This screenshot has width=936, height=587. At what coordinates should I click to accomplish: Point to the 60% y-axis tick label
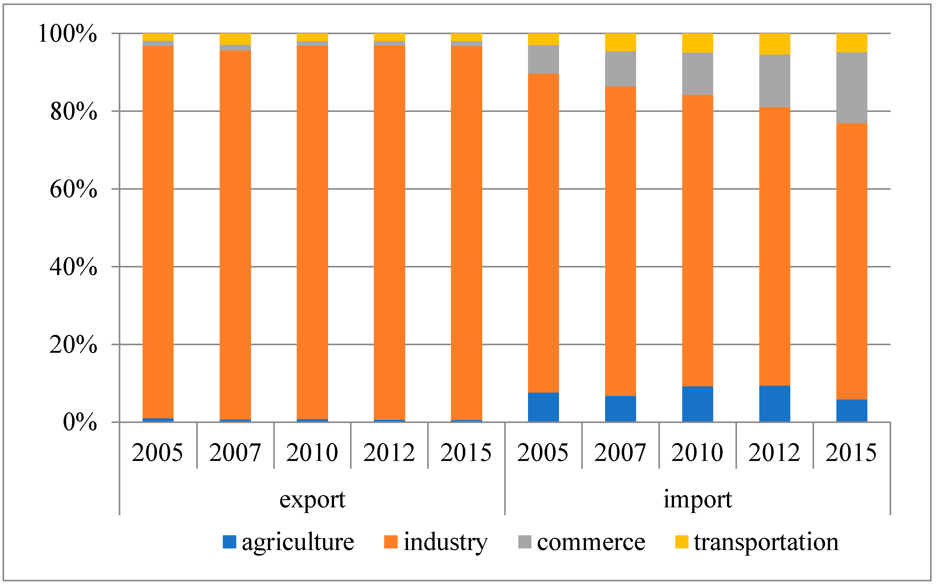pos(73,189)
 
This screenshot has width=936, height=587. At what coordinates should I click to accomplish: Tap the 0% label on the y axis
pos(80,422)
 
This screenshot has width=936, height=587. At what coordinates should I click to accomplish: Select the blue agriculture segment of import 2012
pos(774,404)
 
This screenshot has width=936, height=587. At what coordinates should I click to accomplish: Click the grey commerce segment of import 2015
pos(851,88)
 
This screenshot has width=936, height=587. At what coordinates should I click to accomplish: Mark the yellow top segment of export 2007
pos(235,39)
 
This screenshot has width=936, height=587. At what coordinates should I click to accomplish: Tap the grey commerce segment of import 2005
pos(543,59)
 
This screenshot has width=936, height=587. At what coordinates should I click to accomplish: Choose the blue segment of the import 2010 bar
pos(698,404)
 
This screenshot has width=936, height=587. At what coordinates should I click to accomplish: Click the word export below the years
pos(312,500)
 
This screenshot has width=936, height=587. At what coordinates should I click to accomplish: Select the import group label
pos(698,500)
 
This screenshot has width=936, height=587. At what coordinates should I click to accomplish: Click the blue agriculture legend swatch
pos(229,542)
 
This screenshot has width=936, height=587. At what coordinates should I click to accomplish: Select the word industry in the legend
pos(445,542)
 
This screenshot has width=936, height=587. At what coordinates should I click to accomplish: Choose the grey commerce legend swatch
pos(525,542)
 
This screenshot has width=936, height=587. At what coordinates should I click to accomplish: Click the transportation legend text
pos(766,542)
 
